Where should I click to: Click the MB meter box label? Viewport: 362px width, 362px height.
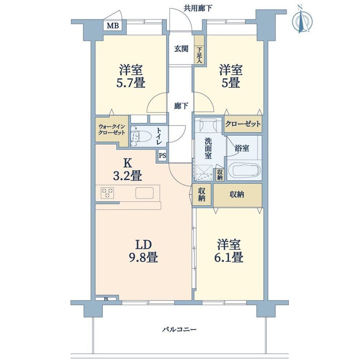[x=113, y=26]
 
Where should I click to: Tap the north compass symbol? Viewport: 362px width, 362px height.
[x=303, y=20]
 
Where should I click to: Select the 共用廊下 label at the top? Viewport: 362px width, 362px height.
[x=198, y=9]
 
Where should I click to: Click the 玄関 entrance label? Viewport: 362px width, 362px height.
[x=181, y=49]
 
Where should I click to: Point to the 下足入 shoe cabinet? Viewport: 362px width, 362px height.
[x=199, y=50]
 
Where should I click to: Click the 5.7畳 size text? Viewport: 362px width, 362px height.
[x=131, y=83]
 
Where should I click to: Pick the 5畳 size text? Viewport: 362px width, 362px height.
[x=231, y=83]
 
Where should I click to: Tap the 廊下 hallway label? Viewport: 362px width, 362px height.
[x=181, y=106]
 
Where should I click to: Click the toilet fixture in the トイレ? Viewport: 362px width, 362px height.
[x=140, y=137]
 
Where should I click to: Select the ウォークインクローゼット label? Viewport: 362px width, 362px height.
[x=112, y=129]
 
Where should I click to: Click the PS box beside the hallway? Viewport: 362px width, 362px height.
[x=162, y=155]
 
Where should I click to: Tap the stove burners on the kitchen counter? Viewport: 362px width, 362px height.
[x=107, y=193]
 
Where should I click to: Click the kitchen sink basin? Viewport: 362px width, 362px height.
[x=144, y=193]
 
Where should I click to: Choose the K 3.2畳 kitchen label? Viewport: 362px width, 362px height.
[x=127, y=170]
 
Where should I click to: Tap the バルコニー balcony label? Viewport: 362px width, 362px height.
[x=179, y=329]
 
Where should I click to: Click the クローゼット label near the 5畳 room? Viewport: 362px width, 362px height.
[x=243, y=124]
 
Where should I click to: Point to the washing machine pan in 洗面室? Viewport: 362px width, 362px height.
[x=204, y=172]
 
